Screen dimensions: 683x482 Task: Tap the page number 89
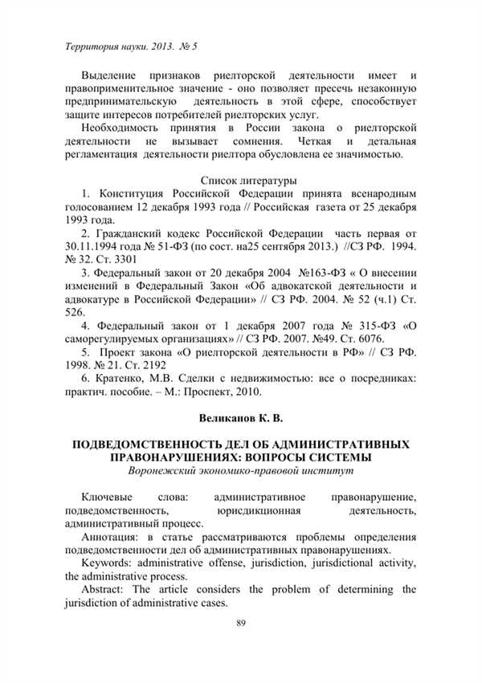(241, 623)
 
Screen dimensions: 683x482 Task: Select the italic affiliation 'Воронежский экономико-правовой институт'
(241, 471)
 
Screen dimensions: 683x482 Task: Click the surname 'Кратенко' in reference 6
(125, 379)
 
